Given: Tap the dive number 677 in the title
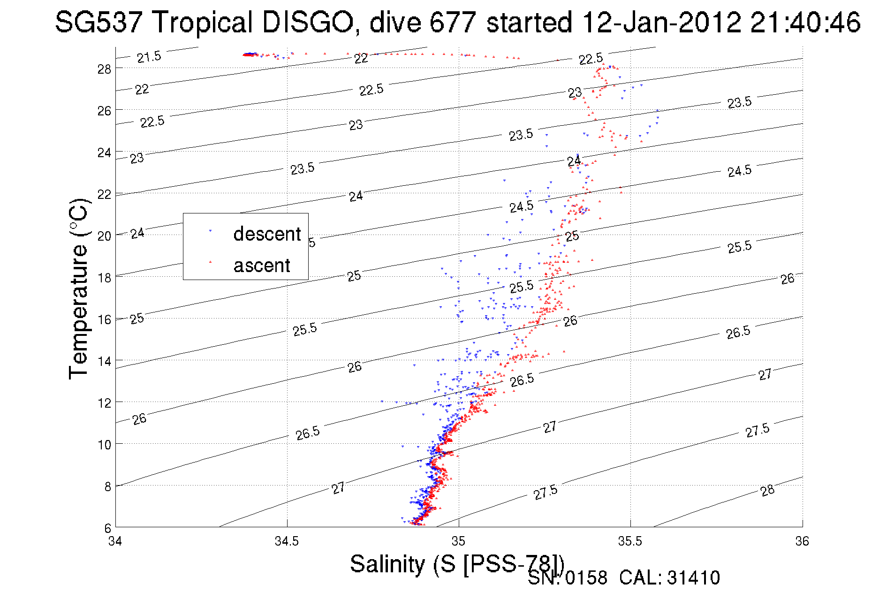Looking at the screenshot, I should pos(453,22).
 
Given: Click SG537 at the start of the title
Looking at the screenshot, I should pos(99,22).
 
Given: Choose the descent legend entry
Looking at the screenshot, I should pos(266,234).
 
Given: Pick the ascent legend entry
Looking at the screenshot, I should pos(262,266).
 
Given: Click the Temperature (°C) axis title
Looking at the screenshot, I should pos(78,288).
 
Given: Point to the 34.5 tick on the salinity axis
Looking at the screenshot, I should pos(287,541).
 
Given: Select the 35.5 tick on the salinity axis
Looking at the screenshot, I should pos(630,541).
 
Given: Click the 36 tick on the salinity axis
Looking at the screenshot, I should pos(802,541).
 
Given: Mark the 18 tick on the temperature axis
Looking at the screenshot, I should pos(104,278).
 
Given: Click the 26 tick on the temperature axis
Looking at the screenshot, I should pos(104,111).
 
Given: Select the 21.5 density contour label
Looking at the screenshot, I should pos(149,57).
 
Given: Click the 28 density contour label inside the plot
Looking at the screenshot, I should pos(767,491).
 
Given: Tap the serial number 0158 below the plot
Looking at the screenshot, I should pos(586,578).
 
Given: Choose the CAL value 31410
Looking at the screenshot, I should pos(693,578).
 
